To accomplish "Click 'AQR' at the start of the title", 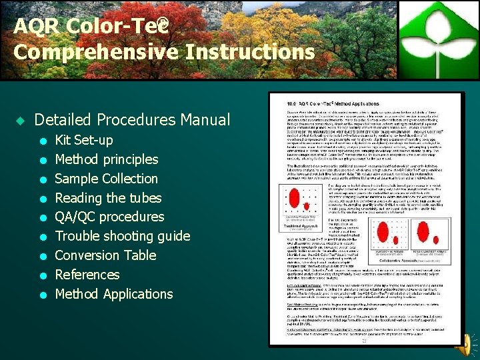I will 30,27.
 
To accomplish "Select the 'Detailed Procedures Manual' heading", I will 132,120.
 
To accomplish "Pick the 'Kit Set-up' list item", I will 84,140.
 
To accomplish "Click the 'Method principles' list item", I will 107,159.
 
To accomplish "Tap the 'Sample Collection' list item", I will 107,179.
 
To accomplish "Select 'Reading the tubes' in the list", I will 108,198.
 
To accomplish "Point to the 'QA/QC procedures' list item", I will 109,217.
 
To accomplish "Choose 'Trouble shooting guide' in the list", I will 123,236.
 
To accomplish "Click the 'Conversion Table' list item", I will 105,255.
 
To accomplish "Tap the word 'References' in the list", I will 87,275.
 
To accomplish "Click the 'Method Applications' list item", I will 114,294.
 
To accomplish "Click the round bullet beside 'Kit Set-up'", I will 42,141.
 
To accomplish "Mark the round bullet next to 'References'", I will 42,275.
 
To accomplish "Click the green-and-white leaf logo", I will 439,39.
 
